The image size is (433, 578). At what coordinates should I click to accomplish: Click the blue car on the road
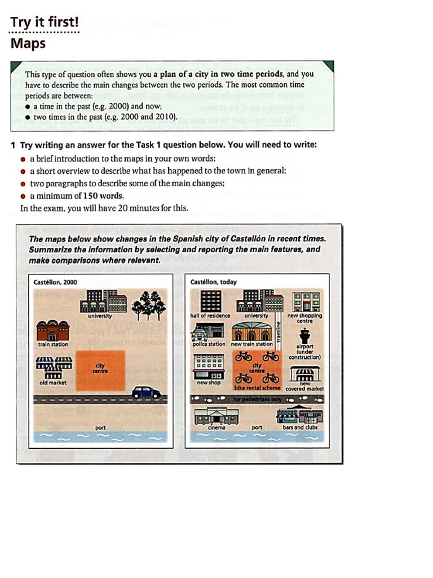coord(146,392)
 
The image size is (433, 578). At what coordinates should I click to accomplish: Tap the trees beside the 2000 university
coord(148,304)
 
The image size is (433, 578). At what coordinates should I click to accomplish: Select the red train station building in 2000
coord(52,330)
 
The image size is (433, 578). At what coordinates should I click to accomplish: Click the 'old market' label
coord(52,383)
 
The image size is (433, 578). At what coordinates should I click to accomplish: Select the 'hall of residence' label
coord(210,316)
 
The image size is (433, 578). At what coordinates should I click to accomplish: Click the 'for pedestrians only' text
coord(256,399)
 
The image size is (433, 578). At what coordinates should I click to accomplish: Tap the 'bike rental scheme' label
coord(257,389)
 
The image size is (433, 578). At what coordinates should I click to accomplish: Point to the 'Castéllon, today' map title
coord(214,282)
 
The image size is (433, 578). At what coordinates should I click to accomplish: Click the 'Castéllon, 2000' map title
coord(55,282)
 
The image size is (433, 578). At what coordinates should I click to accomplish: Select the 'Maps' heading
coord(28,43)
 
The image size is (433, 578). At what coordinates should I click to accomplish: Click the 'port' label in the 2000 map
coord(100,428)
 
